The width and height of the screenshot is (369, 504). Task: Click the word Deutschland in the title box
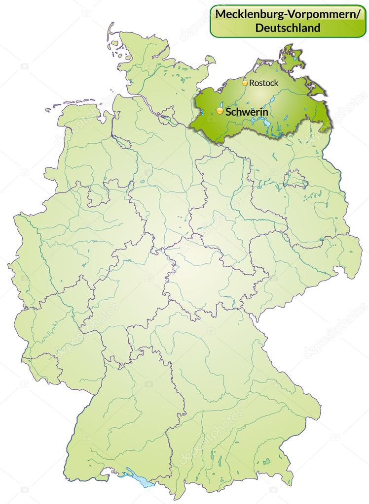[x=288, y=28]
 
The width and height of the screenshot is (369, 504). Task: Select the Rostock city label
[x=263, y=83]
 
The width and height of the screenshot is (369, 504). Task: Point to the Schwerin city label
[x=246, y=112]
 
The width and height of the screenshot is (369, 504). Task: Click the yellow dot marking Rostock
[x=245, y=83]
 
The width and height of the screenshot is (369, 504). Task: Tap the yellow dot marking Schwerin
[x=220, y=112]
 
